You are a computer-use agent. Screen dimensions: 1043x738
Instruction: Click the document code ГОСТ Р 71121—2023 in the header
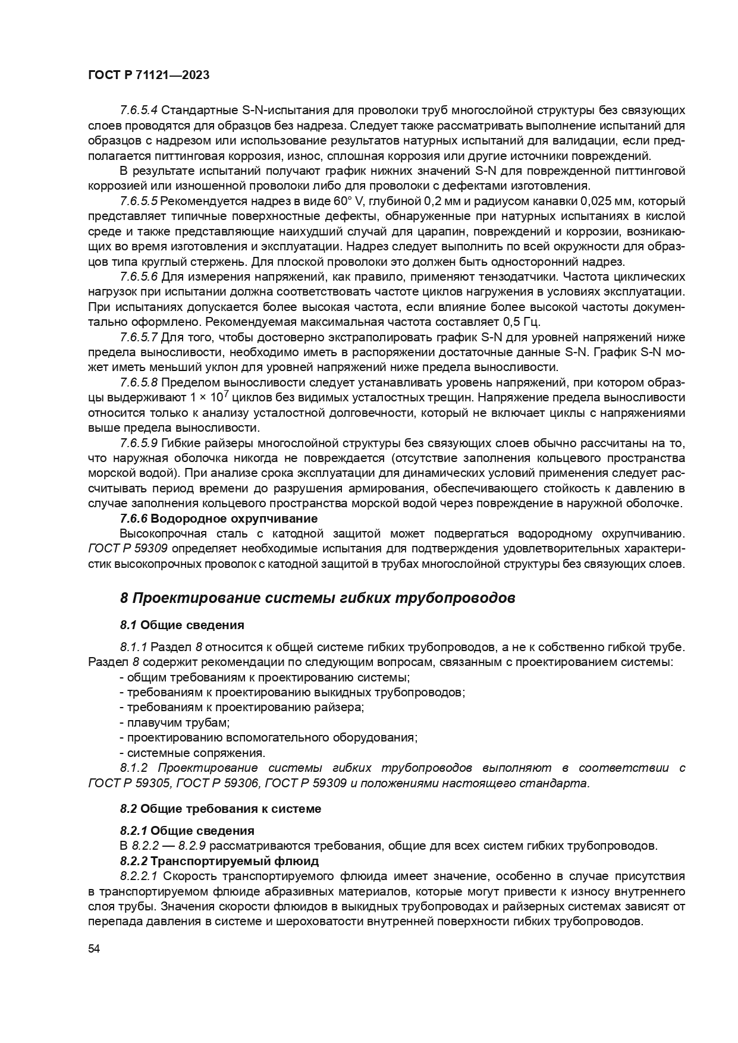pyautogui.click(x=149, y=76)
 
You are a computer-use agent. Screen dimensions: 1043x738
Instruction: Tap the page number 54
pyautogui.click(x=94, y=949)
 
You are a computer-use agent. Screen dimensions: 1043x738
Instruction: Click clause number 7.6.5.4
pyautogui.click(x=139, y=111)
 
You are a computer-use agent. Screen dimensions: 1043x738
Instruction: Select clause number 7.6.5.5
pyautogui.click(x=139, y=201)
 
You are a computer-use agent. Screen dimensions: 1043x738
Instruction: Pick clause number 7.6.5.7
pyautogui.click(x=139, y=337)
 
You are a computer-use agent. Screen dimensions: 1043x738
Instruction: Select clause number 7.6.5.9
pyautogui.click(x=139, y=443)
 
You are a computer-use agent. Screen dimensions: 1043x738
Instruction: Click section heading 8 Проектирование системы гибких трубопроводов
pyautogui.click(x=318, y=598)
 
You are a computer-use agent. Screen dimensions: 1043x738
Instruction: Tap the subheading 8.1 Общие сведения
pyautogui.click(x=182, y=625)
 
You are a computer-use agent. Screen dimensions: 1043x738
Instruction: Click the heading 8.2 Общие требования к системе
pyautogui.click(x=220, y=809)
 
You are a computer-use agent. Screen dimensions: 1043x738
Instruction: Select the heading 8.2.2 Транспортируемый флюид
pyautogui.click(x=219, y=861)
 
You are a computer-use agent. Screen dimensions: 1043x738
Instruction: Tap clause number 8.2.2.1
pyautogui.click(x=139, y=876)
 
